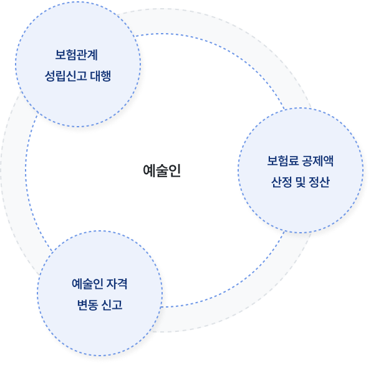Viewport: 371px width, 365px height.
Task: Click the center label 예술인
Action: [x=162, y=170]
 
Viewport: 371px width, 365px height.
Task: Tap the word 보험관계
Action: [x=77, y=55]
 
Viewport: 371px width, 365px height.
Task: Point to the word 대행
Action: [x=100, y=76]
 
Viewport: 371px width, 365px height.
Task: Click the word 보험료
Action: [x=282, y=161]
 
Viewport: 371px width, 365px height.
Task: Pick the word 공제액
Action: [x=317, y=161]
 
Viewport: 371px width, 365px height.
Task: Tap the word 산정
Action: [x=281, y=182]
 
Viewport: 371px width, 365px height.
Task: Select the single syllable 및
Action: [x=301, y=182]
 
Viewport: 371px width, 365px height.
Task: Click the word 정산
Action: [x=319, y=182]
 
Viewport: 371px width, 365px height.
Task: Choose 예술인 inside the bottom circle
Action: [x=87, y=283]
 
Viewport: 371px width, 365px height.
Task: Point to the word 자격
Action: [x=117, y=283]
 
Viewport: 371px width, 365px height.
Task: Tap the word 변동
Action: [x=87, y=305]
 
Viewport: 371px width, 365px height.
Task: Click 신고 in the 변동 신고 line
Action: [x=112, y=305]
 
